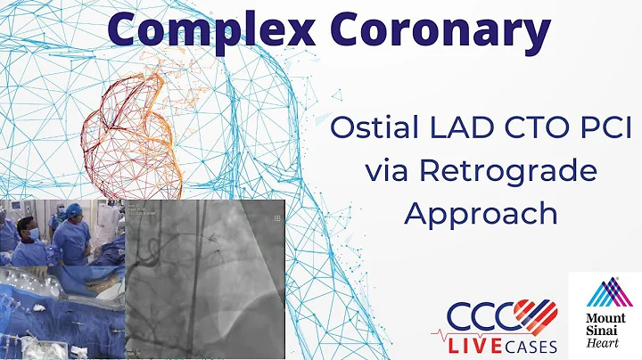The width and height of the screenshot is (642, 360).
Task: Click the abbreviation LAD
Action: [x=452, y=127]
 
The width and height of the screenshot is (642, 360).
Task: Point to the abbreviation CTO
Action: [x=529, y=127]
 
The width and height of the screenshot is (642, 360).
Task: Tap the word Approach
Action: [x=482, y=214]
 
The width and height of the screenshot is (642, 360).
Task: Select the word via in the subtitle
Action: [x=390, y=170]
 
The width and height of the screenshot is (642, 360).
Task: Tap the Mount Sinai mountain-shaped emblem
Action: [x=604, y=292]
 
